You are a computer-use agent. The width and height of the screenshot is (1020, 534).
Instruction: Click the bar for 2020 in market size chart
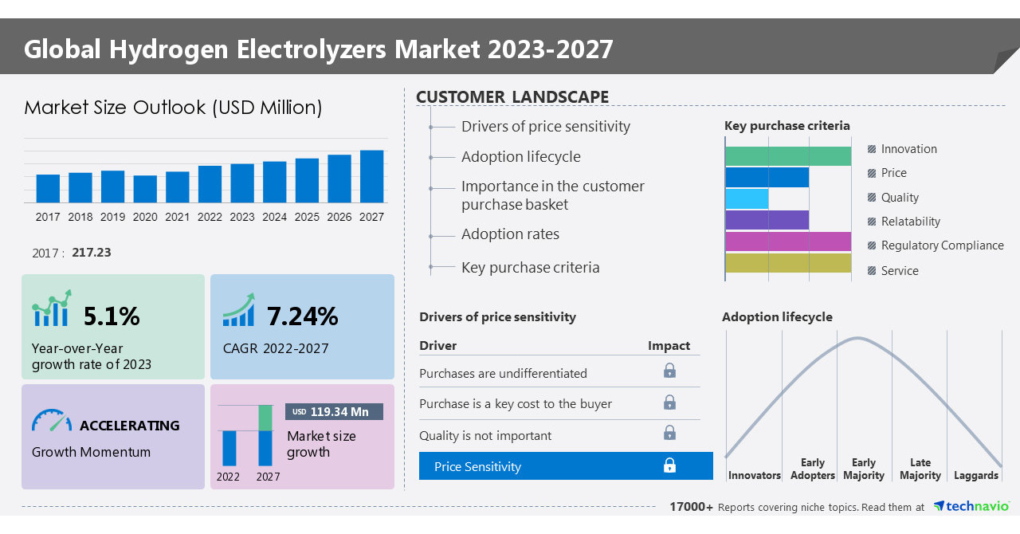click(145, 189)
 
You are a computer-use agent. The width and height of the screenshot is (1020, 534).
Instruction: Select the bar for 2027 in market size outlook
click(371, 176)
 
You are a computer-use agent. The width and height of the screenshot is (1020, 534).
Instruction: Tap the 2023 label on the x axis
click(242, 217)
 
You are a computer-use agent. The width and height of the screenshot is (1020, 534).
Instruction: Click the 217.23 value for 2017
click(91, 253)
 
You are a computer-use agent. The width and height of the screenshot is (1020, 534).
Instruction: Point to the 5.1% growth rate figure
click(112, 316)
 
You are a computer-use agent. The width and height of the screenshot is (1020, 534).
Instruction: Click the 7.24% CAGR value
click(302, 316)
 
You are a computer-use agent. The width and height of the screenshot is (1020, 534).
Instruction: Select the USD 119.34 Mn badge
click(334, 411)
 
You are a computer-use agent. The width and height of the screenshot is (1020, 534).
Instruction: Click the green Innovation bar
click(787, 156)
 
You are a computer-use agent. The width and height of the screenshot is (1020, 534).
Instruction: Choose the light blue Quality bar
click(747, 198)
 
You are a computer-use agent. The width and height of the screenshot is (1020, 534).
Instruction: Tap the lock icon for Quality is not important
click(669, 433)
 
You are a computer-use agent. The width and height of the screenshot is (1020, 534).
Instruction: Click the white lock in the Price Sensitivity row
click(669, 465)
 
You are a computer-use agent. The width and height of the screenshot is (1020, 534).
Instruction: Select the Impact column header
click(669, 345)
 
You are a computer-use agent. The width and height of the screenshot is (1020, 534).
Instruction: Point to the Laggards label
click(975, 475)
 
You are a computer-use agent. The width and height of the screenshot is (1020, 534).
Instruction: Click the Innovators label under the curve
click(754, 475)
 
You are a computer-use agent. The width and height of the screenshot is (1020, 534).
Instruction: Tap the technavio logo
click(971, 506)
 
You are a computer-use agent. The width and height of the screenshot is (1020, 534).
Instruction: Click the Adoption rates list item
click(510, 234)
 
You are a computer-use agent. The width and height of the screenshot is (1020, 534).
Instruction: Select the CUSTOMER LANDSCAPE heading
click(512, 97)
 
